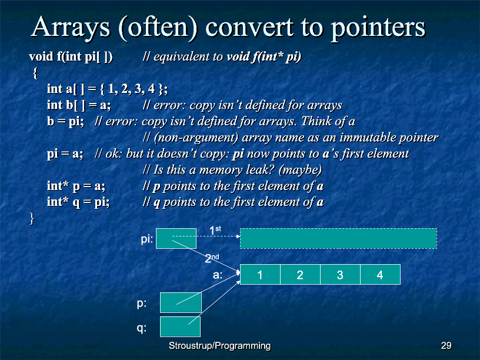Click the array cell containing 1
click(260, 275)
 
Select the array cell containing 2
click(301, 275)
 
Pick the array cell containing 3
click(341, 275)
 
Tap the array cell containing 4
click(381, 275)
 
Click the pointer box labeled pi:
click(176, 238)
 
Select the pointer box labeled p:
click(181, 302)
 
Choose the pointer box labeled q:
click(181, 326)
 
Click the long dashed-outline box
click(338, 238)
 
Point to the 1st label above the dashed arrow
click(215, 230)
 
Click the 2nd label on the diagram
click(212, 258)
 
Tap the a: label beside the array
click(218, 275)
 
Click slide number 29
click(446, 346)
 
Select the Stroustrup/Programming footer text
click(219, 346)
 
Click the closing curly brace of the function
click(32, 219)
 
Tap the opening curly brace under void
click(35, 73)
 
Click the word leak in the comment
click(260, 169)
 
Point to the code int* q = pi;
click(78, 202)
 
